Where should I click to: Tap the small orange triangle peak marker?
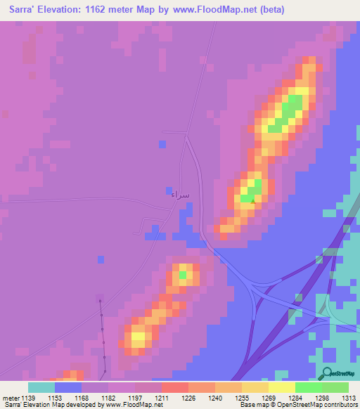254,200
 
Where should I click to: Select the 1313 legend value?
349,397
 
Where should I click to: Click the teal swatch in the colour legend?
41,387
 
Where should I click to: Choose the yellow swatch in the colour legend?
282,387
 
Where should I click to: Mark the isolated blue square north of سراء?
162,143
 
